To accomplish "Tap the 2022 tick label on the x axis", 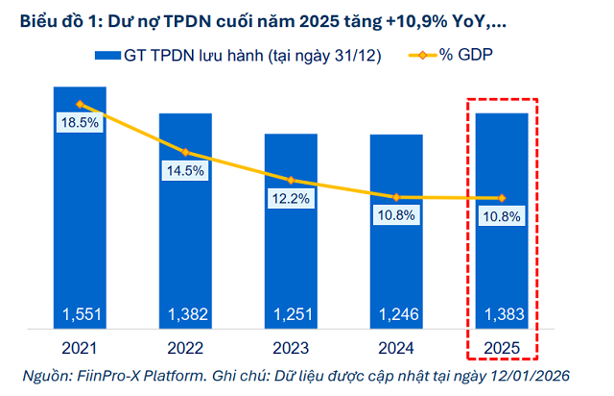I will tap(185, 347).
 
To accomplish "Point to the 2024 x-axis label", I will tap(396, 347).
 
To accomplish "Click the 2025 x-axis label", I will tap(502, 347).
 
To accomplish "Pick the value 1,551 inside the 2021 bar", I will tap(80, 314).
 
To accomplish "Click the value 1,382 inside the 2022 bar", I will tap(185, 314).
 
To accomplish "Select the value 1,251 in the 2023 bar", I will tap(291, 314).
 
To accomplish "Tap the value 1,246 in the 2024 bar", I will tap(396, 314).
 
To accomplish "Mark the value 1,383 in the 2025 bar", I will tap(502, 314).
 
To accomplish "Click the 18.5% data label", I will tap(80, 123).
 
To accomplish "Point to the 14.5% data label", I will tap(185, 171).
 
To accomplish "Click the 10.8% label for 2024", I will tap(396, 216).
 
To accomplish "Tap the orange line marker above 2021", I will tap(80, 104).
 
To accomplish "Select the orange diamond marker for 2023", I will tap(291, 180).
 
